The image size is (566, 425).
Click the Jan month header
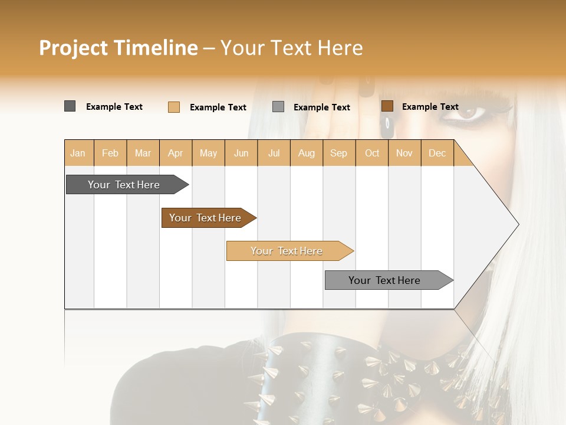(x=78, y=153)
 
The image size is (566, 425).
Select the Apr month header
(x=175, y=153)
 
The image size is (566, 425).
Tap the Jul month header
(x=274, y=153)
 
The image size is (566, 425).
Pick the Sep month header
(x=338, y=153)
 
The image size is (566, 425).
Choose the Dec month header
(x=437, y=153)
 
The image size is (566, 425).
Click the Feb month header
(x=110, y=153)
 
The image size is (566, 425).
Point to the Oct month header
(x=372, y=153)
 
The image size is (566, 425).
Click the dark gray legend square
(x=70, y=106)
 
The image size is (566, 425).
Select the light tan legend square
(x=173, y=107)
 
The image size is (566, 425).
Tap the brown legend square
(x=387, y=106)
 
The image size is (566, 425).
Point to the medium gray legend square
(x=278, y=107)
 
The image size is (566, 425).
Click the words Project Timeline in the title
(x=118, y=48)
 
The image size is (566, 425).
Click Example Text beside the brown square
(x=430, y=107)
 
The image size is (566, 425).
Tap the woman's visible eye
(x=470, y=112)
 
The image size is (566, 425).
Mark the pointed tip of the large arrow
(x=518, y=224)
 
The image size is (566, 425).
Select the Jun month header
(x=241, y=153)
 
